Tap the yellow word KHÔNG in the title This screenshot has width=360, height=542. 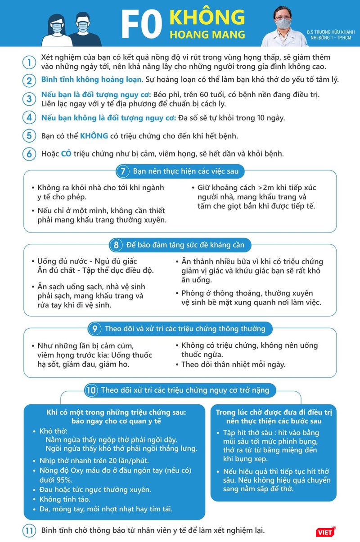pyautogui.click(x=207, y=17)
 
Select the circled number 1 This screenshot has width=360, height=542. pyautogui.click(x=29, y=62)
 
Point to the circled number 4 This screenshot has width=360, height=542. pyautogui.click(x=29, y=118)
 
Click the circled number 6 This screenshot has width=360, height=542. pyautogui.click(x=29, y=154)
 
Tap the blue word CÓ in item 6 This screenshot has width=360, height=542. pyautogui.click(x=67, y=154)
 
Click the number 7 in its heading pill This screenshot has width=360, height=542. pyautogui.click(x=122, y=171)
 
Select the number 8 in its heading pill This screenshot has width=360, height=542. pyautogui.click(x=116, y=245)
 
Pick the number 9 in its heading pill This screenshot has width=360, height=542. pyautogui.click(x=95, y=329)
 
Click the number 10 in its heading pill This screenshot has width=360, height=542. pyautogui.click(x=91, y=390)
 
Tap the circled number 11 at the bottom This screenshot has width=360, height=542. pyautogui.click(x=29, y=530)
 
